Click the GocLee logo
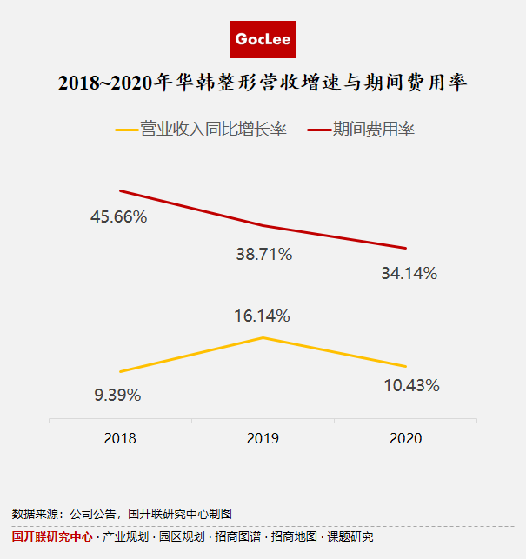click(263, 40)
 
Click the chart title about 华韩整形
click(263, 83)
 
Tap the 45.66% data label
click(118, 217)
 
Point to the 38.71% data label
click(263, 255)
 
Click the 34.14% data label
click(409, 273)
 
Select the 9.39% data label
click(117, 395)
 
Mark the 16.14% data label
click(262, 316)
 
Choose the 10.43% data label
click(411, 385)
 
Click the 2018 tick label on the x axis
click(120, 438)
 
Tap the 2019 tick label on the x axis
click(263, 438)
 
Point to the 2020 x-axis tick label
click(405, 438)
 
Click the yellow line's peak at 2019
click(263, 336)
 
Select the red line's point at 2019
click(263, 226)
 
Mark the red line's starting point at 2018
click(120, 190)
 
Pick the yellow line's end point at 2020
click(406, 366)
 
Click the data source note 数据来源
click(122, 514)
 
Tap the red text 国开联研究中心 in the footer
click(52, 537)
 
